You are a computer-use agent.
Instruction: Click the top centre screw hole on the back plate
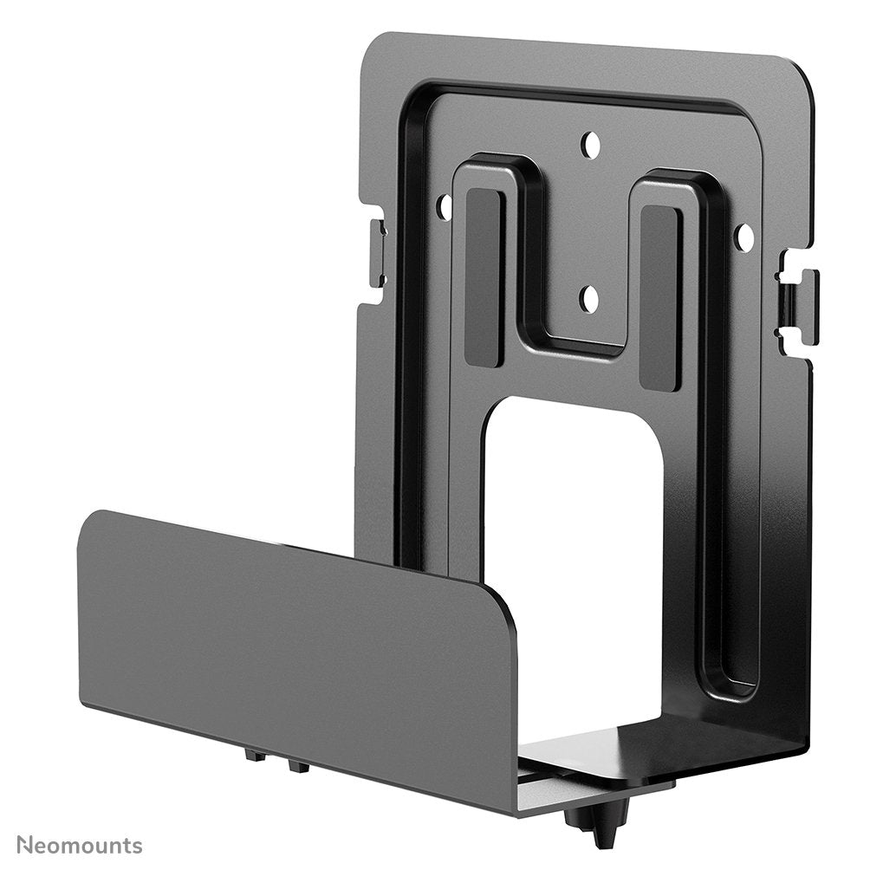tap(590, 145)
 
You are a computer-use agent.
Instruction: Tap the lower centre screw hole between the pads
tap(589, 300)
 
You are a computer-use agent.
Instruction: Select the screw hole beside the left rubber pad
tap(445, 206)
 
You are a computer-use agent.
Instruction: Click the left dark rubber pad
tap(484, 276)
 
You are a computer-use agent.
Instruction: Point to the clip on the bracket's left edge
tap(378, 253)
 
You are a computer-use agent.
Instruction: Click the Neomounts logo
tap(79, 845)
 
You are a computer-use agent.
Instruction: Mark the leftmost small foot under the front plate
tap(255, 756)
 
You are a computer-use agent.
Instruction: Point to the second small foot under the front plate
tap(297, 765)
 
